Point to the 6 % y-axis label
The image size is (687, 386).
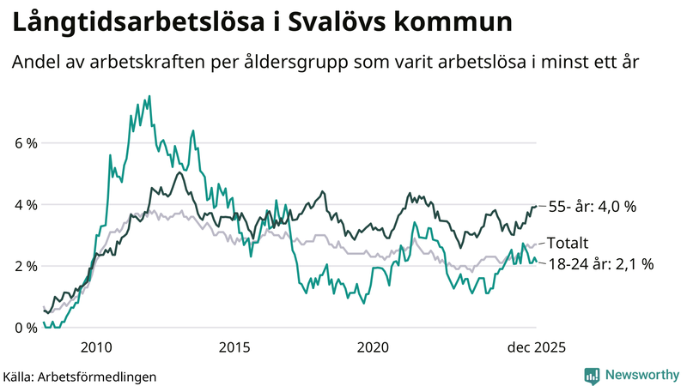pyautogui.click(x=26, y=143)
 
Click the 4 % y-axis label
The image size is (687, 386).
pyautogui.click(x=26, y=205)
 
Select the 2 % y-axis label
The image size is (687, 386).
pyautogui.click(x=26, y=266)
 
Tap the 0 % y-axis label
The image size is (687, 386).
pyautogui.click(x=26, y=328)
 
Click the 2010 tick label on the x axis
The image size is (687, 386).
pyautogui.click(x=95, y=347)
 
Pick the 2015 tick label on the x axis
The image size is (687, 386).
pyautogui.click(x=234, y=347)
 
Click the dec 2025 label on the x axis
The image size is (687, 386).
pyautogui.click(x=535, y=347)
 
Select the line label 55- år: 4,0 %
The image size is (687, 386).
pyautogui.click(x=592, y=207)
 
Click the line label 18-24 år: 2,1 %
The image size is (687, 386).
pyautogui.click(x=600, y=264)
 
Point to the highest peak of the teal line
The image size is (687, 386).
pyautogui.click(x=149, y=96)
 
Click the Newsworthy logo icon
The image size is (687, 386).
pyautogui.click(x=592, y=375)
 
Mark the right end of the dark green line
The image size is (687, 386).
pyautogui.click(x=536, y=206)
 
